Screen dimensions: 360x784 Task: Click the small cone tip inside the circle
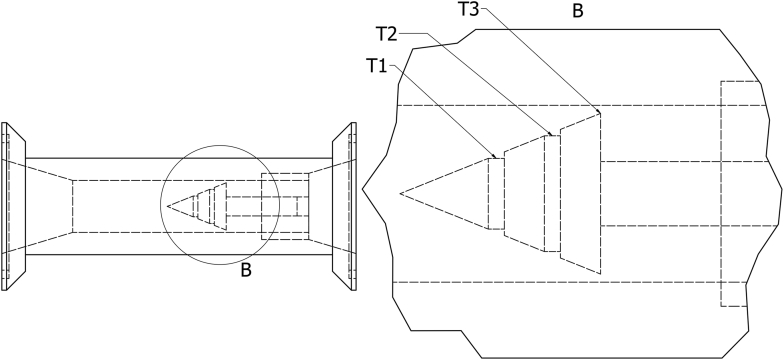point(169,206)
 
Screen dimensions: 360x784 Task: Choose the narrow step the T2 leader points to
point(551,193)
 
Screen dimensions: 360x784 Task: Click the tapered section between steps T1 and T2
point(523,193)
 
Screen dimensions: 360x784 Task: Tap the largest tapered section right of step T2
point(579,193)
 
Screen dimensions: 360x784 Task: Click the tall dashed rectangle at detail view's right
point(733,193)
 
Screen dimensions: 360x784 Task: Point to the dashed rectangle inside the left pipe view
point(278,206)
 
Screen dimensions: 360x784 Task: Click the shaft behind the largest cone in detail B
point(660,193)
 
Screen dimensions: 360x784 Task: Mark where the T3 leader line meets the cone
point(598,111)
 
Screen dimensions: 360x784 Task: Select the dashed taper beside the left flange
point(45,206)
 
